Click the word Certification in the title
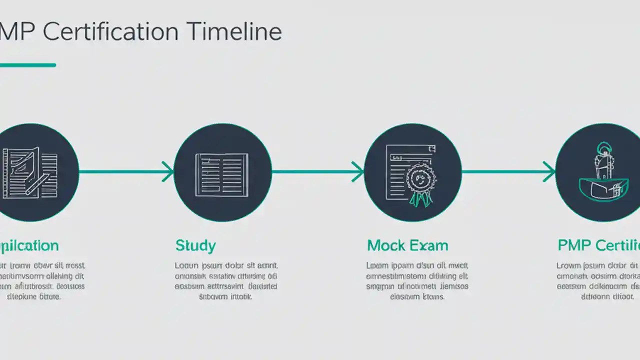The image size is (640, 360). pyautogui.click(x=110, y=32)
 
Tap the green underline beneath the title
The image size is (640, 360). pyautogui.click(x=27, y=65)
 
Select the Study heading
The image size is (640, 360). pyautogui.click(x=195, y=246)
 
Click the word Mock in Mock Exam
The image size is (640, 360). pyautogui.click(x=385, y=245)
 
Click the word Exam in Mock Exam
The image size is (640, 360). pyautogui.click(x=428, y=245)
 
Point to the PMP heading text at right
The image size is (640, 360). pyautogui.click(x=574, y=245)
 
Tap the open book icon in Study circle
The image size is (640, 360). pyautogui.click(x=222, y=174)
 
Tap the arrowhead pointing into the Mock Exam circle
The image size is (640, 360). pyautogui.click(x=358, y=172)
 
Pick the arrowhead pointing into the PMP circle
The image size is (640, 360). pyautogui.click(x=549, y=172)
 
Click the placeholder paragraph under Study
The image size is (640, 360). pyautogui.click(x=226, y=281)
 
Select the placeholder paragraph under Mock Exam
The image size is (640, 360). pyautogui.click(x=417, y=281)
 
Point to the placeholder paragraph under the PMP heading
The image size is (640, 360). pyautogui.click(x=598, y=281)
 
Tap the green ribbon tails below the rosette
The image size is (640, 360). pyautogui.click(x=420, y=199)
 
